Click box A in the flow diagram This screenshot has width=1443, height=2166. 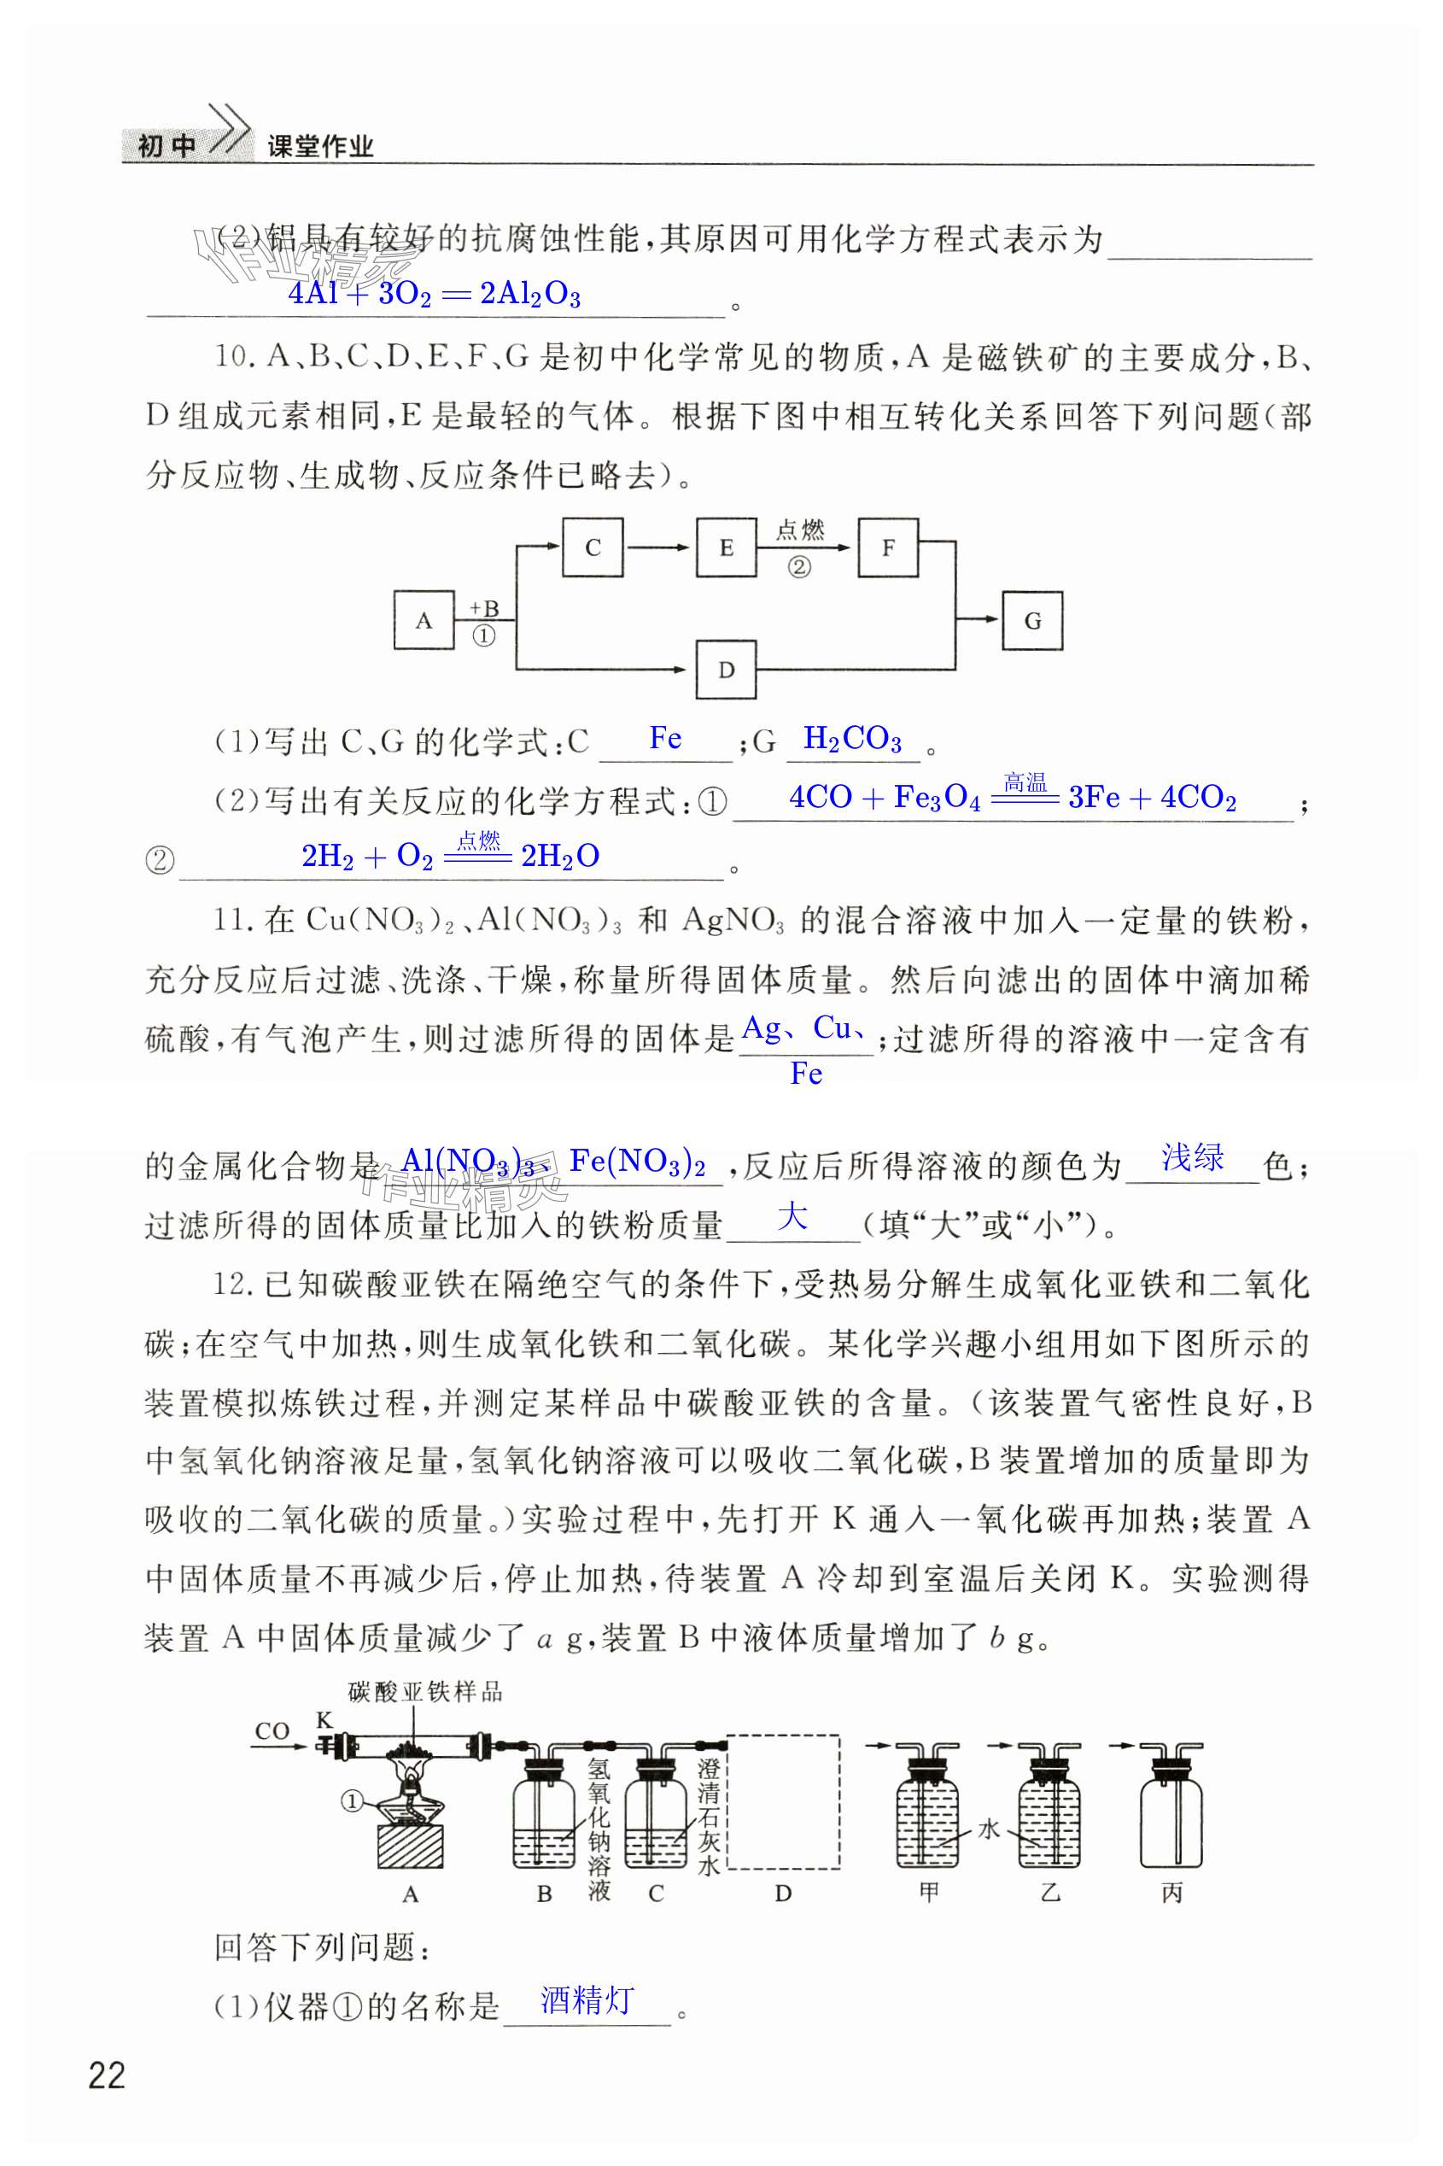tap(424, 620)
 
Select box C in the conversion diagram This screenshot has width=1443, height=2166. tap(592, 547)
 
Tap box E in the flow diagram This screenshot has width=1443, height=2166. tap(726, 547)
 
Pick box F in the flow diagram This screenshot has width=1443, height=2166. tap(887, 547)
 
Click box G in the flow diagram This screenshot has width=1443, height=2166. tap(1031, 620)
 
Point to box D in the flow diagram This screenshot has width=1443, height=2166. tap(726, 670)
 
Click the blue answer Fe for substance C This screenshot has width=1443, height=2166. tap(665, 738)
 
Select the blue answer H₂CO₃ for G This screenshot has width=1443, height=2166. tap(852, 738)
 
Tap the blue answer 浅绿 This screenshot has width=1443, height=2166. tap(1192, 1157)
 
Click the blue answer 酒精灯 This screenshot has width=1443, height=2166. tap(587, 1999)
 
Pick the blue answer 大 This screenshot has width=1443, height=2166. tap(792, 1217)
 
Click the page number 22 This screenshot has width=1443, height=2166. tap(107, 2075)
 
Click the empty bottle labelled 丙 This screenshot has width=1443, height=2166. tap(1171, 1809)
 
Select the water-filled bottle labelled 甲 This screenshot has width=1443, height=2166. tap(926, 1809)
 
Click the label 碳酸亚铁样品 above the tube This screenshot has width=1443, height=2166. tap(425, 1692)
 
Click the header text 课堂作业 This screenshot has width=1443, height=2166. tap(320, 146)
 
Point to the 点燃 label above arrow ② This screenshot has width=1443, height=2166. tap(800, 530)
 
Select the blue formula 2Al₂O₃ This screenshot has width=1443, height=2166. tap(530, 295)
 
